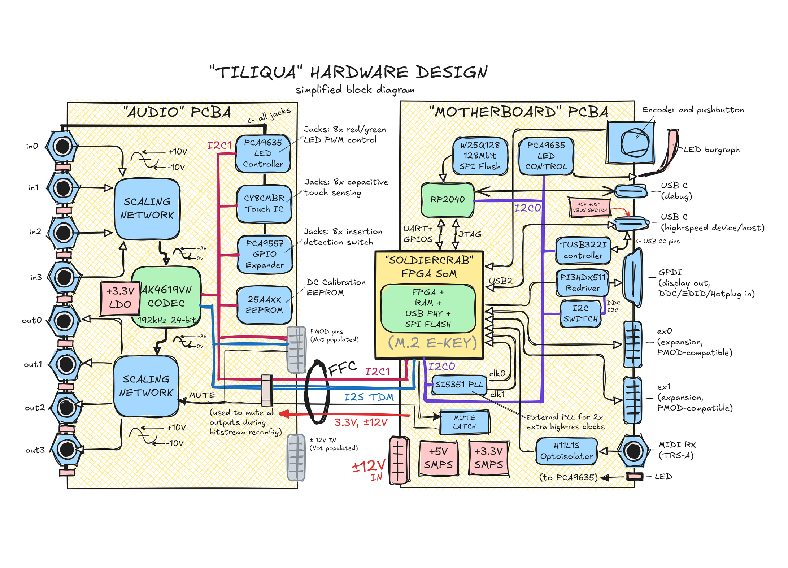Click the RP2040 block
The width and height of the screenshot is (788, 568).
point(447,199)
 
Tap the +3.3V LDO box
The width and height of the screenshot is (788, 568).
point(120,298)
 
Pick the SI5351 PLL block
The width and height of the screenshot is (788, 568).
point(459,385)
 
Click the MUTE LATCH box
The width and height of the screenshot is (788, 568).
point(464,422)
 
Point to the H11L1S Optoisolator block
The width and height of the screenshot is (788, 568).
point(566,451)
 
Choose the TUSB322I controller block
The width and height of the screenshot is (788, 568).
point(583,250)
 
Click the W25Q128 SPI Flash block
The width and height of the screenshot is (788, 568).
point(480,156)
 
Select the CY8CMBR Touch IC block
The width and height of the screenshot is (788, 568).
point(264,204)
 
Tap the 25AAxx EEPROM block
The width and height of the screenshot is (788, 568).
point(264,305)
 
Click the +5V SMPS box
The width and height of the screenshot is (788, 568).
point(438,458)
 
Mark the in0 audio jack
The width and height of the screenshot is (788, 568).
point(62,147)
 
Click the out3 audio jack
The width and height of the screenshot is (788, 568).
point(67,450)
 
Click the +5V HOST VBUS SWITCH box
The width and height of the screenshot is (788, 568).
point(589,207)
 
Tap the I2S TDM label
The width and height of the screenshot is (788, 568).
point(369,397)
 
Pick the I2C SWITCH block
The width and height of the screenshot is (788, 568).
point(580,313)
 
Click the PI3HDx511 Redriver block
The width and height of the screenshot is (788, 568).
point(582,282)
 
